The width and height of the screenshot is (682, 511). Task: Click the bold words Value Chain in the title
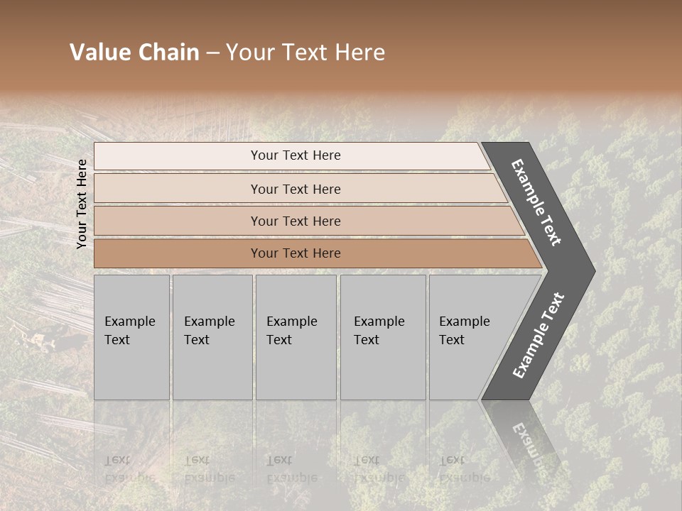coord(134,53)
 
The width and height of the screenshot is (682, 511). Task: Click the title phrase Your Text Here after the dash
coord(305,53)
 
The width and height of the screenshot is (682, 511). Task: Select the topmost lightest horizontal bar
coord(178,155)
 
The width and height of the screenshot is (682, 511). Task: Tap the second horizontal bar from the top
coord(178,189)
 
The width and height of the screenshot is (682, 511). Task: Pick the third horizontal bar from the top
coord(178,221)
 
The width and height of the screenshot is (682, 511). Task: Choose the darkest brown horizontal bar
coord(178,253)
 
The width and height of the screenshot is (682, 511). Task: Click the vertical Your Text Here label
coord(82,204)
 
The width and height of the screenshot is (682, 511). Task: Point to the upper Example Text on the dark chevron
coord(536,203)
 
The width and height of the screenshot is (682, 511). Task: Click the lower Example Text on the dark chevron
coord(538,336)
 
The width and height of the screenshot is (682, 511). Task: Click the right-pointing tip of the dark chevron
coord(592,270)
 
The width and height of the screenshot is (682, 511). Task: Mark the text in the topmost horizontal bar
coord(296,155)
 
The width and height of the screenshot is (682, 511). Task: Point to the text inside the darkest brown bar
coord(296,253)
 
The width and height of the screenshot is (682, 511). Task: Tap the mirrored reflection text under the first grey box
coord(129,469)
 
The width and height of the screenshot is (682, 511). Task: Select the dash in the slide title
coord(212,53)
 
